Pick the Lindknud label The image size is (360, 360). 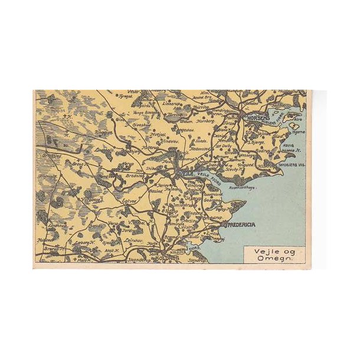coord(57,224)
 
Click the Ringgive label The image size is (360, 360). coord(103,133)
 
